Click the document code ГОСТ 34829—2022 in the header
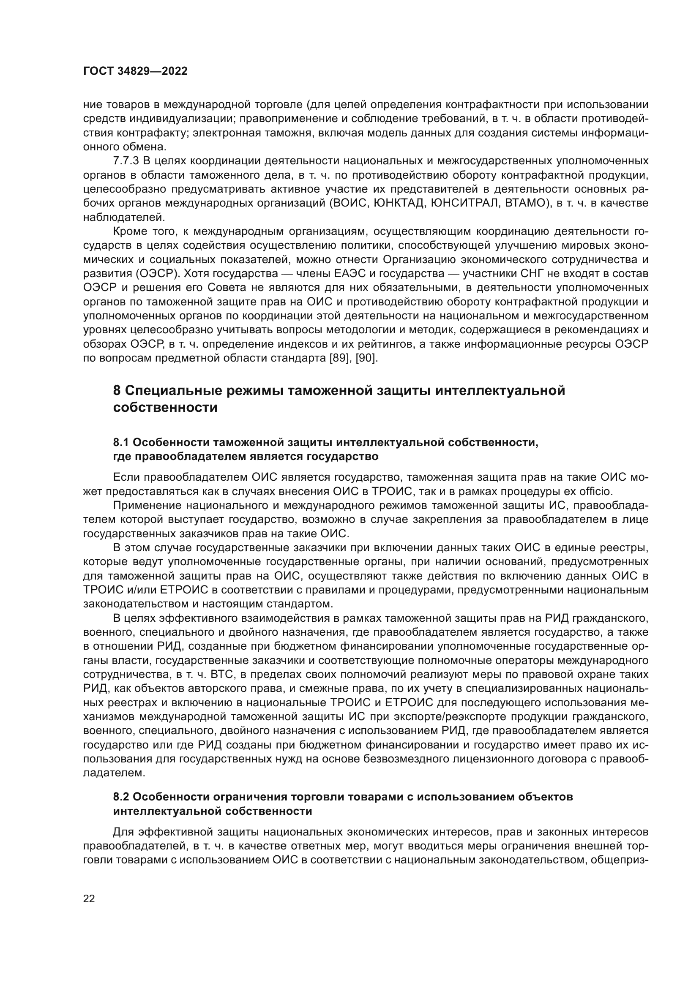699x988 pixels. [x=135, y=71]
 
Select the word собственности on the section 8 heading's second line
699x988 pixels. [x=165, y=407]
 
